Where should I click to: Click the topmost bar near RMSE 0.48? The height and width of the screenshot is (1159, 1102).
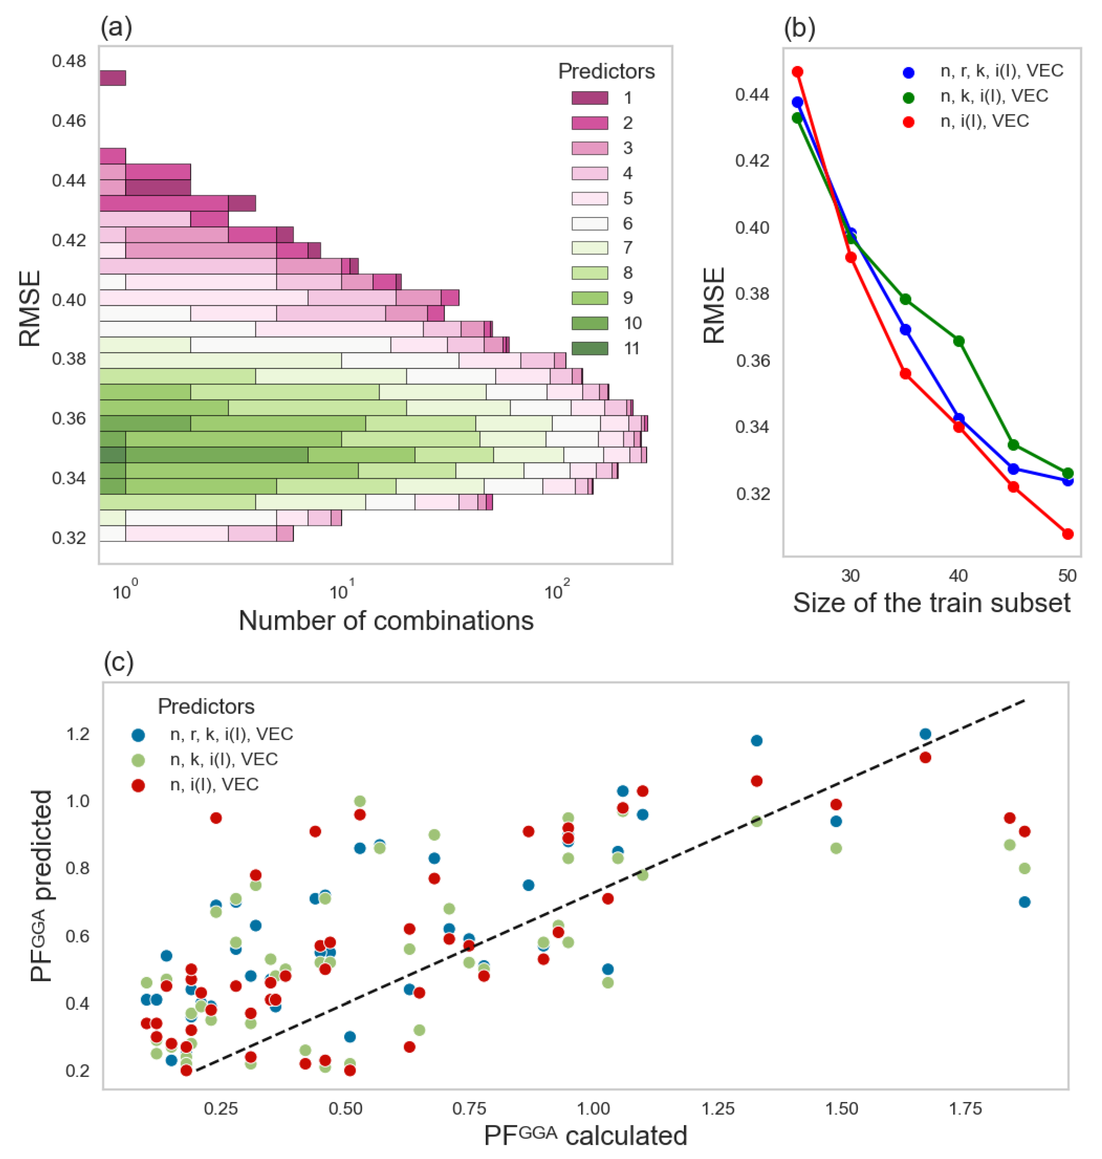click(x=112, y=78)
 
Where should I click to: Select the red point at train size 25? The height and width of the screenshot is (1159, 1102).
click(x=797, y=72)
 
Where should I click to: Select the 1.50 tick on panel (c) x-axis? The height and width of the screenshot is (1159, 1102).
click(x=842, y=1109)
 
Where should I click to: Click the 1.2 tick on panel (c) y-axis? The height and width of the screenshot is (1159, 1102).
click(x=78, y=734)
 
